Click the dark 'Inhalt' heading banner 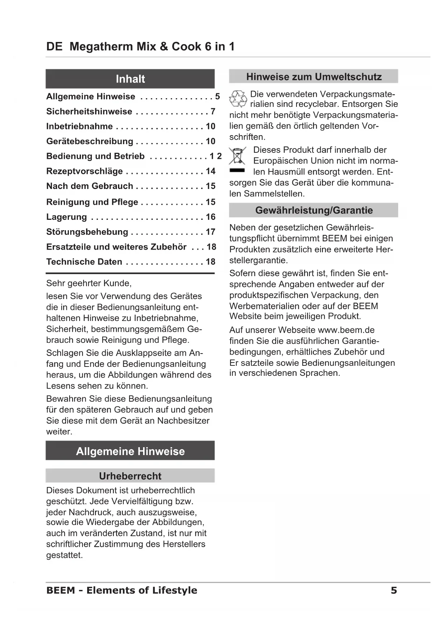tap(130, 79)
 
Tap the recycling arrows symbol tap(238, 99)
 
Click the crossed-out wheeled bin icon tap(237, 156)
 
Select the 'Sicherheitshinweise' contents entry tap(89, 112)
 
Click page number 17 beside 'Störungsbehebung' tap(210, 232)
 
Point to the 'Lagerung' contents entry tap(67, 217)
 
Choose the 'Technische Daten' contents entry tap(84, 262)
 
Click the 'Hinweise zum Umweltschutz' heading tap(313, 77)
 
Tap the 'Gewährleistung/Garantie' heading tap(313, 210)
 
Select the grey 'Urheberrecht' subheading tap(130, 476)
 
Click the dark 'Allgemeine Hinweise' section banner tap(130, 451)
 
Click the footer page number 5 tap(394, 590)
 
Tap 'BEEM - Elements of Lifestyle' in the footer tap(122, 590)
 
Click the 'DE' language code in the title tap(54, 47)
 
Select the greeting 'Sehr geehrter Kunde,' tap(89, 283)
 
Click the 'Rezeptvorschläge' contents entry tap(85, 171)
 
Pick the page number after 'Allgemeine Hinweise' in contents tap(217, 96)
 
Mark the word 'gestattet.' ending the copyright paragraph tap(65, 555)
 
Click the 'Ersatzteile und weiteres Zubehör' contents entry tap(117, 247)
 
